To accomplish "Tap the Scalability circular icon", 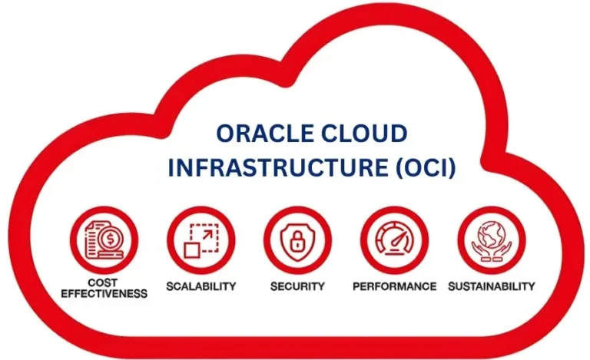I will pyautogui.click(x=201, y=239).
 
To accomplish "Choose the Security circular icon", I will pyautogui.click(x=297, y=239).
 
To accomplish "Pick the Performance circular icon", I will pyautogui.click(x=394, y=239).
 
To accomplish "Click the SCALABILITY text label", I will pyautogui.click(x=201, y=286).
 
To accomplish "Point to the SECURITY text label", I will pyautogui.click(x=297, y=286).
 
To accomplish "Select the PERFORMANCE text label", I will pyautogui.click(x=394, y=286).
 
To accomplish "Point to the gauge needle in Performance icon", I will pyautogui.click(x=397, y=239).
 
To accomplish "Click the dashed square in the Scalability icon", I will pyautogui.click(x=205, y=234).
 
